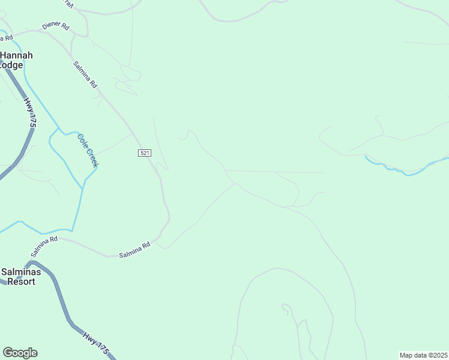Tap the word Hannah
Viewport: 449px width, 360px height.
pyautogui.click(x=17, y=55)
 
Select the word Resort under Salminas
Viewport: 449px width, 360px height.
pyautogui.click(x=18, y=281)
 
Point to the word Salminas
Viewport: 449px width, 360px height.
pyautogui.click(x=21, y=272)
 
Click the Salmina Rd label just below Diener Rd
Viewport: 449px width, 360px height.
pyautogui.click(x=85, y=75)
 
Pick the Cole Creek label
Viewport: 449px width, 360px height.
pyautogui.click(x=88, y=149)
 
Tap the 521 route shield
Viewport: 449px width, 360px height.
pyautogui.click(x=144, y=154)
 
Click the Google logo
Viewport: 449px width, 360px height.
pyautogui.click(x=20, y=353)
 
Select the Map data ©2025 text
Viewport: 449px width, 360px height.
pyautogui.click(x=424, y=355)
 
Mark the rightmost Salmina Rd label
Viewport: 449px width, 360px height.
pyautogui.click(x=134, y=250)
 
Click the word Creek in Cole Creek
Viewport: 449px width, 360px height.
pyautogui.click(x=91, y=157)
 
